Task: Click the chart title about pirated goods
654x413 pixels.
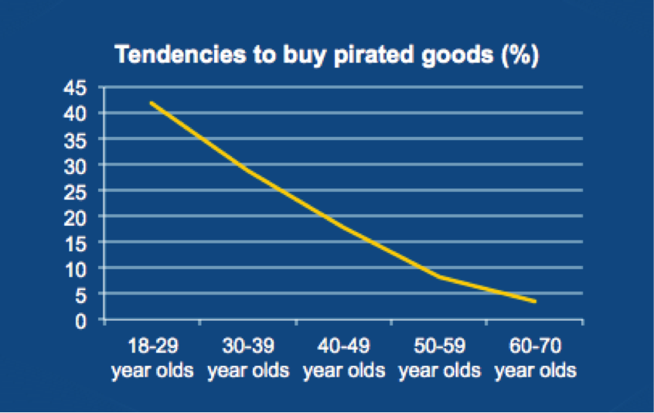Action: click(327, 56)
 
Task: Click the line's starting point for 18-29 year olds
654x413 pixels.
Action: click(152, 103)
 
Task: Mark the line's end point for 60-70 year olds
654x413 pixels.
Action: click(535, 302)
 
